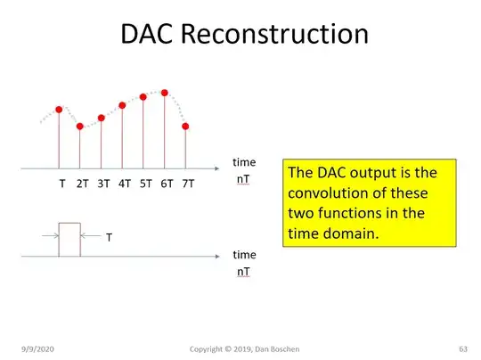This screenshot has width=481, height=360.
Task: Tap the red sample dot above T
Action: click(x=60, y=110)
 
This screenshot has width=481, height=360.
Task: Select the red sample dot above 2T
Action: click(x=80, y=127)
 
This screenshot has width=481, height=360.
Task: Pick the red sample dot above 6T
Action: click(x=165, y=92)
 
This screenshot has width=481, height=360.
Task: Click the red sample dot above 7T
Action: click(x=185, y=126)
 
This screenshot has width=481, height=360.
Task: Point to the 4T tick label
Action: click(x=124, y=184)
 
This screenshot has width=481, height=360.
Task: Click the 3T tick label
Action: click(x=103, y=184)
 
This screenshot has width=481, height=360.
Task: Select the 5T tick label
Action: click(x=145, y=184)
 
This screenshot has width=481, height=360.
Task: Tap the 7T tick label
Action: click(x=187, y=184)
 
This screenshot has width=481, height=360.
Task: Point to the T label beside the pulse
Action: click(x=109, y=239)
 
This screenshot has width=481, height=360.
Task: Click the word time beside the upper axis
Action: click(x=243, y=162)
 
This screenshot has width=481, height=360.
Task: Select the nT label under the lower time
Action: click(x=243, y=270)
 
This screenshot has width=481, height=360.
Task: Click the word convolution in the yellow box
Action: click(x=327, y=193)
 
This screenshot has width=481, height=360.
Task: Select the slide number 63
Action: click(x=463, y=347)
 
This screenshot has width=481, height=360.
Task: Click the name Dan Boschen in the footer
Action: click(x=294, y=347)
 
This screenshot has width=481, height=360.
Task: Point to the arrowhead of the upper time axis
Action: click(x=220, y=168)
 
